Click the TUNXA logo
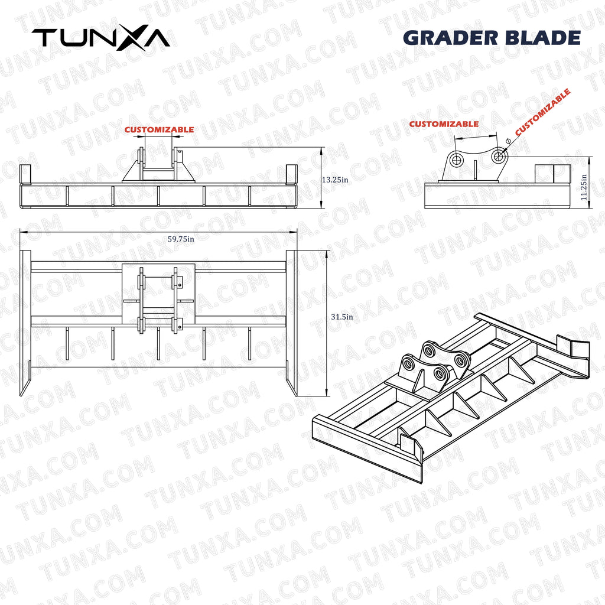pos(100,37)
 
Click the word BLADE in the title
pos(543,37)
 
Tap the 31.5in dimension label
pos(342,317)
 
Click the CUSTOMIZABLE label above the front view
pos(159,129)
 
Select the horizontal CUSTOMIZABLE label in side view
pos(444,124)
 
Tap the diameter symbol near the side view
pos(508,141)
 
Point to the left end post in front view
pos(25,174)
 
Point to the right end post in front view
pos(291,174)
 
